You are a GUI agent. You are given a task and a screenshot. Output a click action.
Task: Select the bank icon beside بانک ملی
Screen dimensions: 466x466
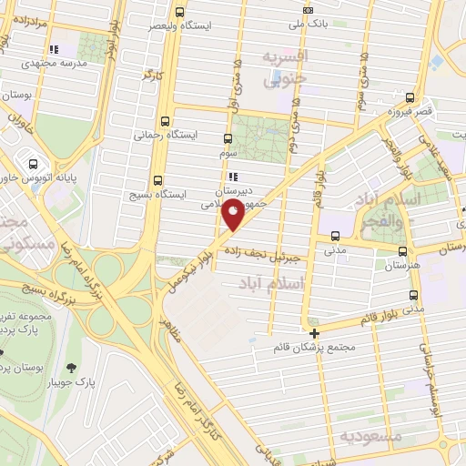308,11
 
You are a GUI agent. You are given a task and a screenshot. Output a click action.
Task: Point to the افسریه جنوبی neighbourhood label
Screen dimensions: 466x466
287,68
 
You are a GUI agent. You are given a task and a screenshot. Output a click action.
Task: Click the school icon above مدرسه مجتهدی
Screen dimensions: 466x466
54,47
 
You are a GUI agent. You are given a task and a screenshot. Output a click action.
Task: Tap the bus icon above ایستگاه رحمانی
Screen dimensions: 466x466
165,119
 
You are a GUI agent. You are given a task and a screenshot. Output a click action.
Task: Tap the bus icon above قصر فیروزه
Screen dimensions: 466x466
410,96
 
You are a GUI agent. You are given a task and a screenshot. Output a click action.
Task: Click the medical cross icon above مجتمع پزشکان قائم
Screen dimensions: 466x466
314,332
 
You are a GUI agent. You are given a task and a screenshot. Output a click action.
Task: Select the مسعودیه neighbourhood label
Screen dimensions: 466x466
370,436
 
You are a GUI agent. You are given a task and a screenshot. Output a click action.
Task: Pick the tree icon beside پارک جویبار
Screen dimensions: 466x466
71,368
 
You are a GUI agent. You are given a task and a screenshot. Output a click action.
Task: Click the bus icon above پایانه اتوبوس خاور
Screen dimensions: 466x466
34,165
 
